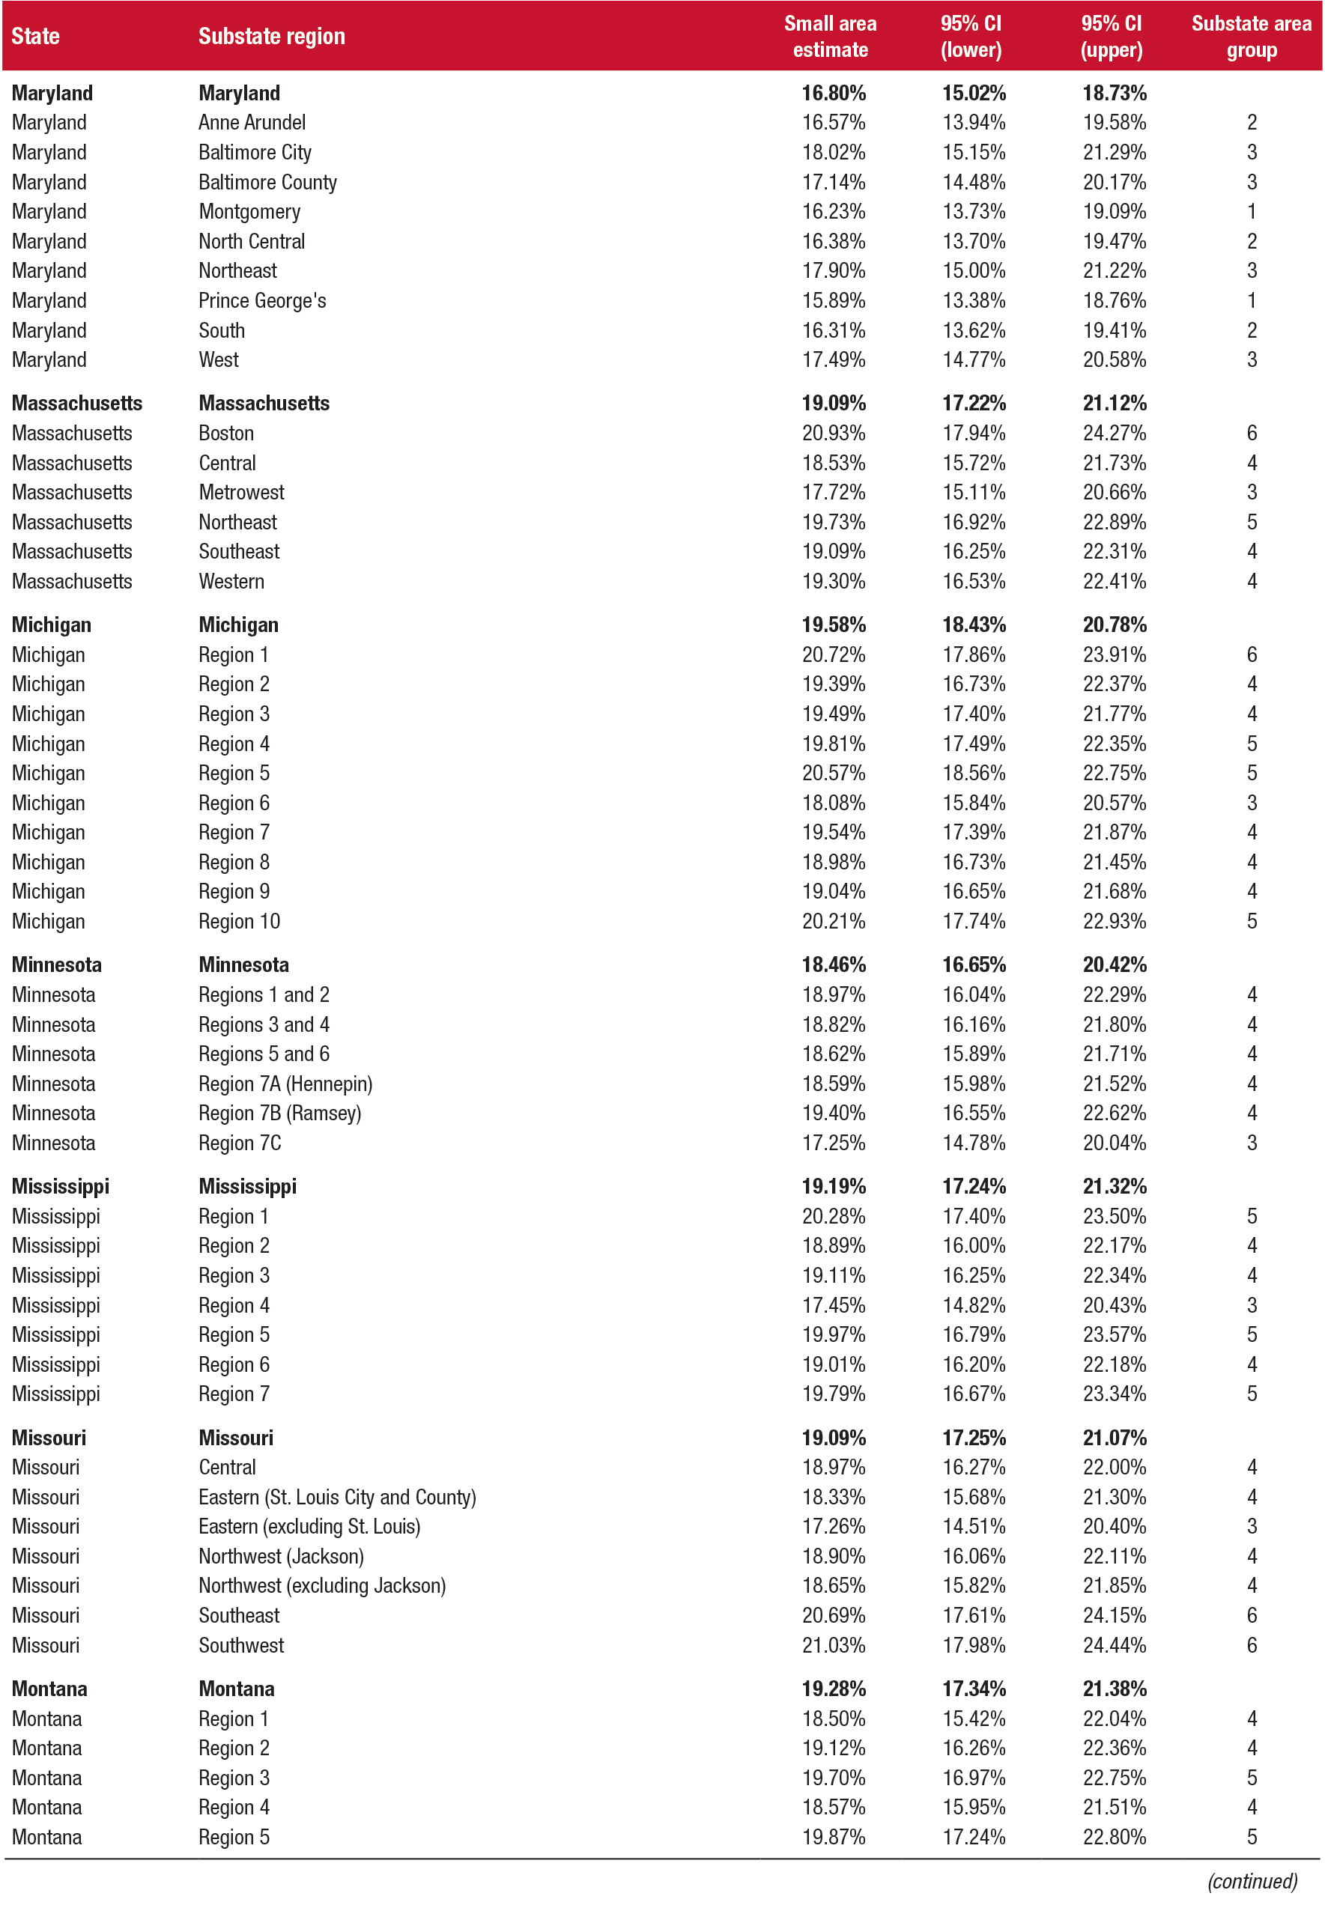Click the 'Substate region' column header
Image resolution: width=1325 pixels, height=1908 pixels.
(271, 37)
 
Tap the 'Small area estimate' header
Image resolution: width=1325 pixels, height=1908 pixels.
(829, 37)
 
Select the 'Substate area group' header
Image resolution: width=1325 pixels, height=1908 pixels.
(1250, 37)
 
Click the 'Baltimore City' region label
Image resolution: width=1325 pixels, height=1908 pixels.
(255, 153)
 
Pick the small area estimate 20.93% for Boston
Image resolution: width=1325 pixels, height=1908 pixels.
(833, 434)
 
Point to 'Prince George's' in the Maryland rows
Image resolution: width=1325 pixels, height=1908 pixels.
(262, 300)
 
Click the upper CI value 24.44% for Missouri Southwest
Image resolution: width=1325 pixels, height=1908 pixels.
(1113, 1645)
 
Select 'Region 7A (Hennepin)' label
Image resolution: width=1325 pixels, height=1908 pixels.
(285, 1084)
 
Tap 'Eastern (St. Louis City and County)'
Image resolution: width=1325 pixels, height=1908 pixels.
(337, 1497)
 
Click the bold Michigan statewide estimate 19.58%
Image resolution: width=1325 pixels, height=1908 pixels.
(833, 625)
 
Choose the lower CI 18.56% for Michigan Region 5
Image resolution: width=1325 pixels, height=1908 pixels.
(973, 774)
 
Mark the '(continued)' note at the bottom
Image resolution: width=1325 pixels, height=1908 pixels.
(1251, 1880)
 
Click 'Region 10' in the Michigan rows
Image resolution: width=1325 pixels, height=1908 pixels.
(239, 921)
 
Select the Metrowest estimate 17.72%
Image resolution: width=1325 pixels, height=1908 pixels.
(833, 492)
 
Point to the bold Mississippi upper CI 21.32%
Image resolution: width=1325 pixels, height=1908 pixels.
(1113, 1187)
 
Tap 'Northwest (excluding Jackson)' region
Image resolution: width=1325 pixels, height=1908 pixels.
(322, 1586)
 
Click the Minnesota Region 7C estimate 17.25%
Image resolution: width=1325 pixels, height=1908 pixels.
(833, 1143)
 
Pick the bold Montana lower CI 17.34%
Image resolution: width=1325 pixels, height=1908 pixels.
(973, 1689)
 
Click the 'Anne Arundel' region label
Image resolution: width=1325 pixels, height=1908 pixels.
(252, 123)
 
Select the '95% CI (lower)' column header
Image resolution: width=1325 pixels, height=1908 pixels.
(971, 37)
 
